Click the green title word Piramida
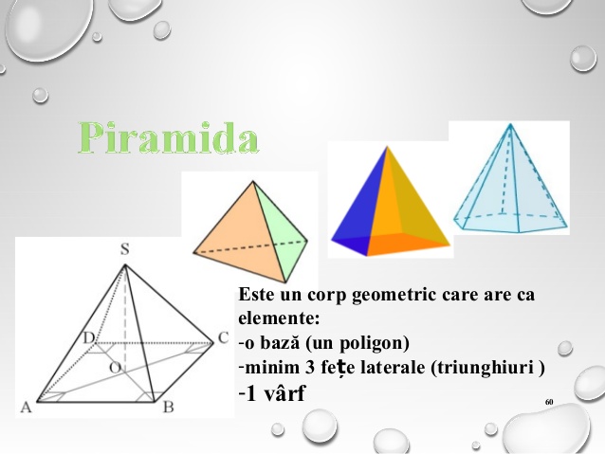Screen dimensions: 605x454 point(169,137)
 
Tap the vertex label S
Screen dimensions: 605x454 point(124,249)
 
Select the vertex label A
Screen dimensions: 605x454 point(26,407)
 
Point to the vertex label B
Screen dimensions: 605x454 point(168,407)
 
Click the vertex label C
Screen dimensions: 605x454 point(224,338)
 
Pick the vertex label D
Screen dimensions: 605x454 point(89,338)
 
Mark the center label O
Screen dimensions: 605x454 point(115,368)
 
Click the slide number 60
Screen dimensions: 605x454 point(549,402)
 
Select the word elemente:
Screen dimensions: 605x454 point(279,318)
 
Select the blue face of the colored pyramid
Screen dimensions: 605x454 point(360,209)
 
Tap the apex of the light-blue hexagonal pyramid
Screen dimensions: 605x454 point(510,124)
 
